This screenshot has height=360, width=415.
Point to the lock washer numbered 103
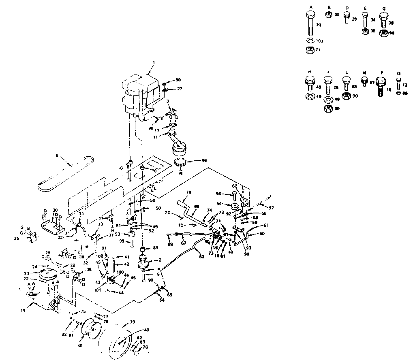tap(310, 41)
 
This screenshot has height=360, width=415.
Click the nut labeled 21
tap(310, 49)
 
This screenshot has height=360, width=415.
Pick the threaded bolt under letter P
tap(381, 86)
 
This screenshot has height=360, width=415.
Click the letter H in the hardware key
tap(310, 72)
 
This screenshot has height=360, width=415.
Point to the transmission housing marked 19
tap(45, 302)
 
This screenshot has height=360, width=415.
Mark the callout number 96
tap(204, 160)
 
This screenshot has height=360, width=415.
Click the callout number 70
tap(188, 192)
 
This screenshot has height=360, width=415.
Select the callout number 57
tap(271, 208)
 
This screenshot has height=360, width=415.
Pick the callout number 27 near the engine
tap(180, 89)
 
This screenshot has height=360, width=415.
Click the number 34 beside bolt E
tap(373, 19)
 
